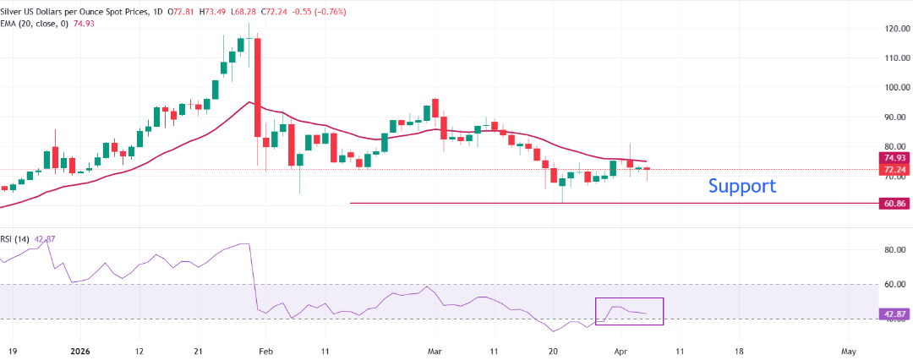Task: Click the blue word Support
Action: point(741,186)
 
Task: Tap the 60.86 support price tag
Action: point(894,204)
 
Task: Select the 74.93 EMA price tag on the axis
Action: point(894,158)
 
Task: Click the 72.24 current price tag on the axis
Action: point(894,169)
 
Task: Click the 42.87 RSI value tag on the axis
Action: point(894,314)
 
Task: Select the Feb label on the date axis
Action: point(265,349)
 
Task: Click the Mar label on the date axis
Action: point(435,349)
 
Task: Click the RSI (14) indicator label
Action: point(15,239)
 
